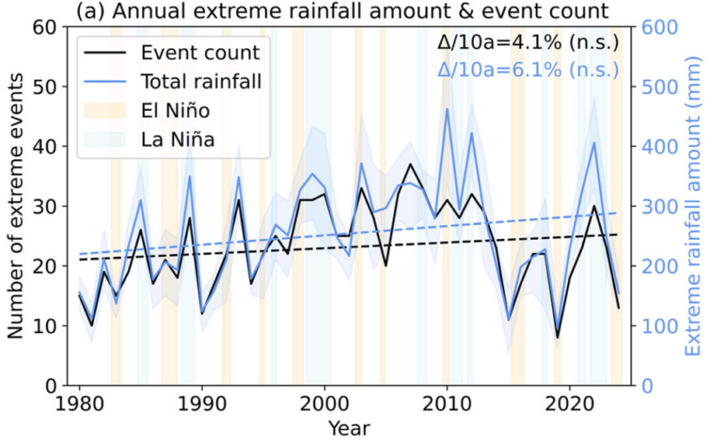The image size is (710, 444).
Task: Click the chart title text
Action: point(342,11)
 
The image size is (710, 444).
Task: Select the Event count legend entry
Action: point(172,53)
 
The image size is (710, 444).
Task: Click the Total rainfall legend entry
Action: point(173,81)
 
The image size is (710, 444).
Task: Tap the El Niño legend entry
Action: point(147,111)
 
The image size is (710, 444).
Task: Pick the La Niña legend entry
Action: point(150,139)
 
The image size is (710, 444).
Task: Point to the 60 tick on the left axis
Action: point(45,27)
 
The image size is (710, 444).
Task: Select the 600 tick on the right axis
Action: point(660,27)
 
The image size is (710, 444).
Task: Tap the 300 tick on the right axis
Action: point(660,206)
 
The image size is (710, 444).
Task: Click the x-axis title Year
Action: point(349,428)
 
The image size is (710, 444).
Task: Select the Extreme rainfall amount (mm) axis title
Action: point(693,206)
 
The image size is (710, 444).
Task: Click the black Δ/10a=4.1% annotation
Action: point(528,42)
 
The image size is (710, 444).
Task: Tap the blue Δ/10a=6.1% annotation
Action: point(528,70)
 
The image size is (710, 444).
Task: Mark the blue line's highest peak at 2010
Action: point(447,109)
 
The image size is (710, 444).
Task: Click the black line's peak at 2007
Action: point(410,164)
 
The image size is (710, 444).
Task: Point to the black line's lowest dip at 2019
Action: point(558,338)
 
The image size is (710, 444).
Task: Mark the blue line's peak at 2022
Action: point(594,143)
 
